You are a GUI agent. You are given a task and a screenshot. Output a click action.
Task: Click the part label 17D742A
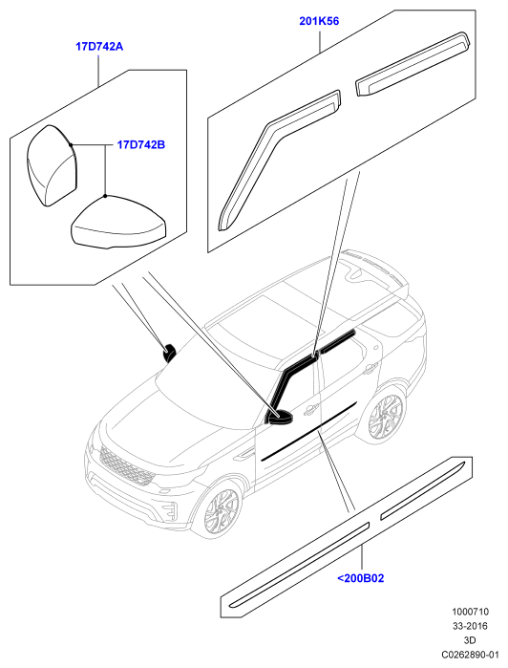(99, 47)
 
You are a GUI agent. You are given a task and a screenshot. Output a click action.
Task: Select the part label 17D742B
(141, 145)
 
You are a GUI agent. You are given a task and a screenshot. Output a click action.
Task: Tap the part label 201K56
(319, 21)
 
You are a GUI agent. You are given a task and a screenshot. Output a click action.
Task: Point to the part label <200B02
(361, 578)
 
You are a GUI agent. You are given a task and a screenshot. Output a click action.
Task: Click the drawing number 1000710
(470, 612)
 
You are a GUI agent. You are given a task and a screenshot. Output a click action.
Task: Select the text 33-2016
(470, 626)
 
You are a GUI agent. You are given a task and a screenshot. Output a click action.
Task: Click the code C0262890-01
(470, 654)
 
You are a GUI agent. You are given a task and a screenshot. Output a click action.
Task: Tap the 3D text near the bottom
(470, 640)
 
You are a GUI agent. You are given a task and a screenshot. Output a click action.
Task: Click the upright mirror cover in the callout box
(53, 165)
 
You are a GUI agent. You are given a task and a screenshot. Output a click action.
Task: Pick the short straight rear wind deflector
(412, 64)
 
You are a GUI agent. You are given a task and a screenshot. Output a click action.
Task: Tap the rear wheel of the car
(385, 416)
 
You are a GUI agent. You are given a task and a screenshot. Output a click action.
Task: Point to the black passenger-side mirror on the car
(170, 353)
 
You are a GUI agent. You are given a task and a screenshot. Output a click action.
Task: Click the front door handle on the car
(311, 409)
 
